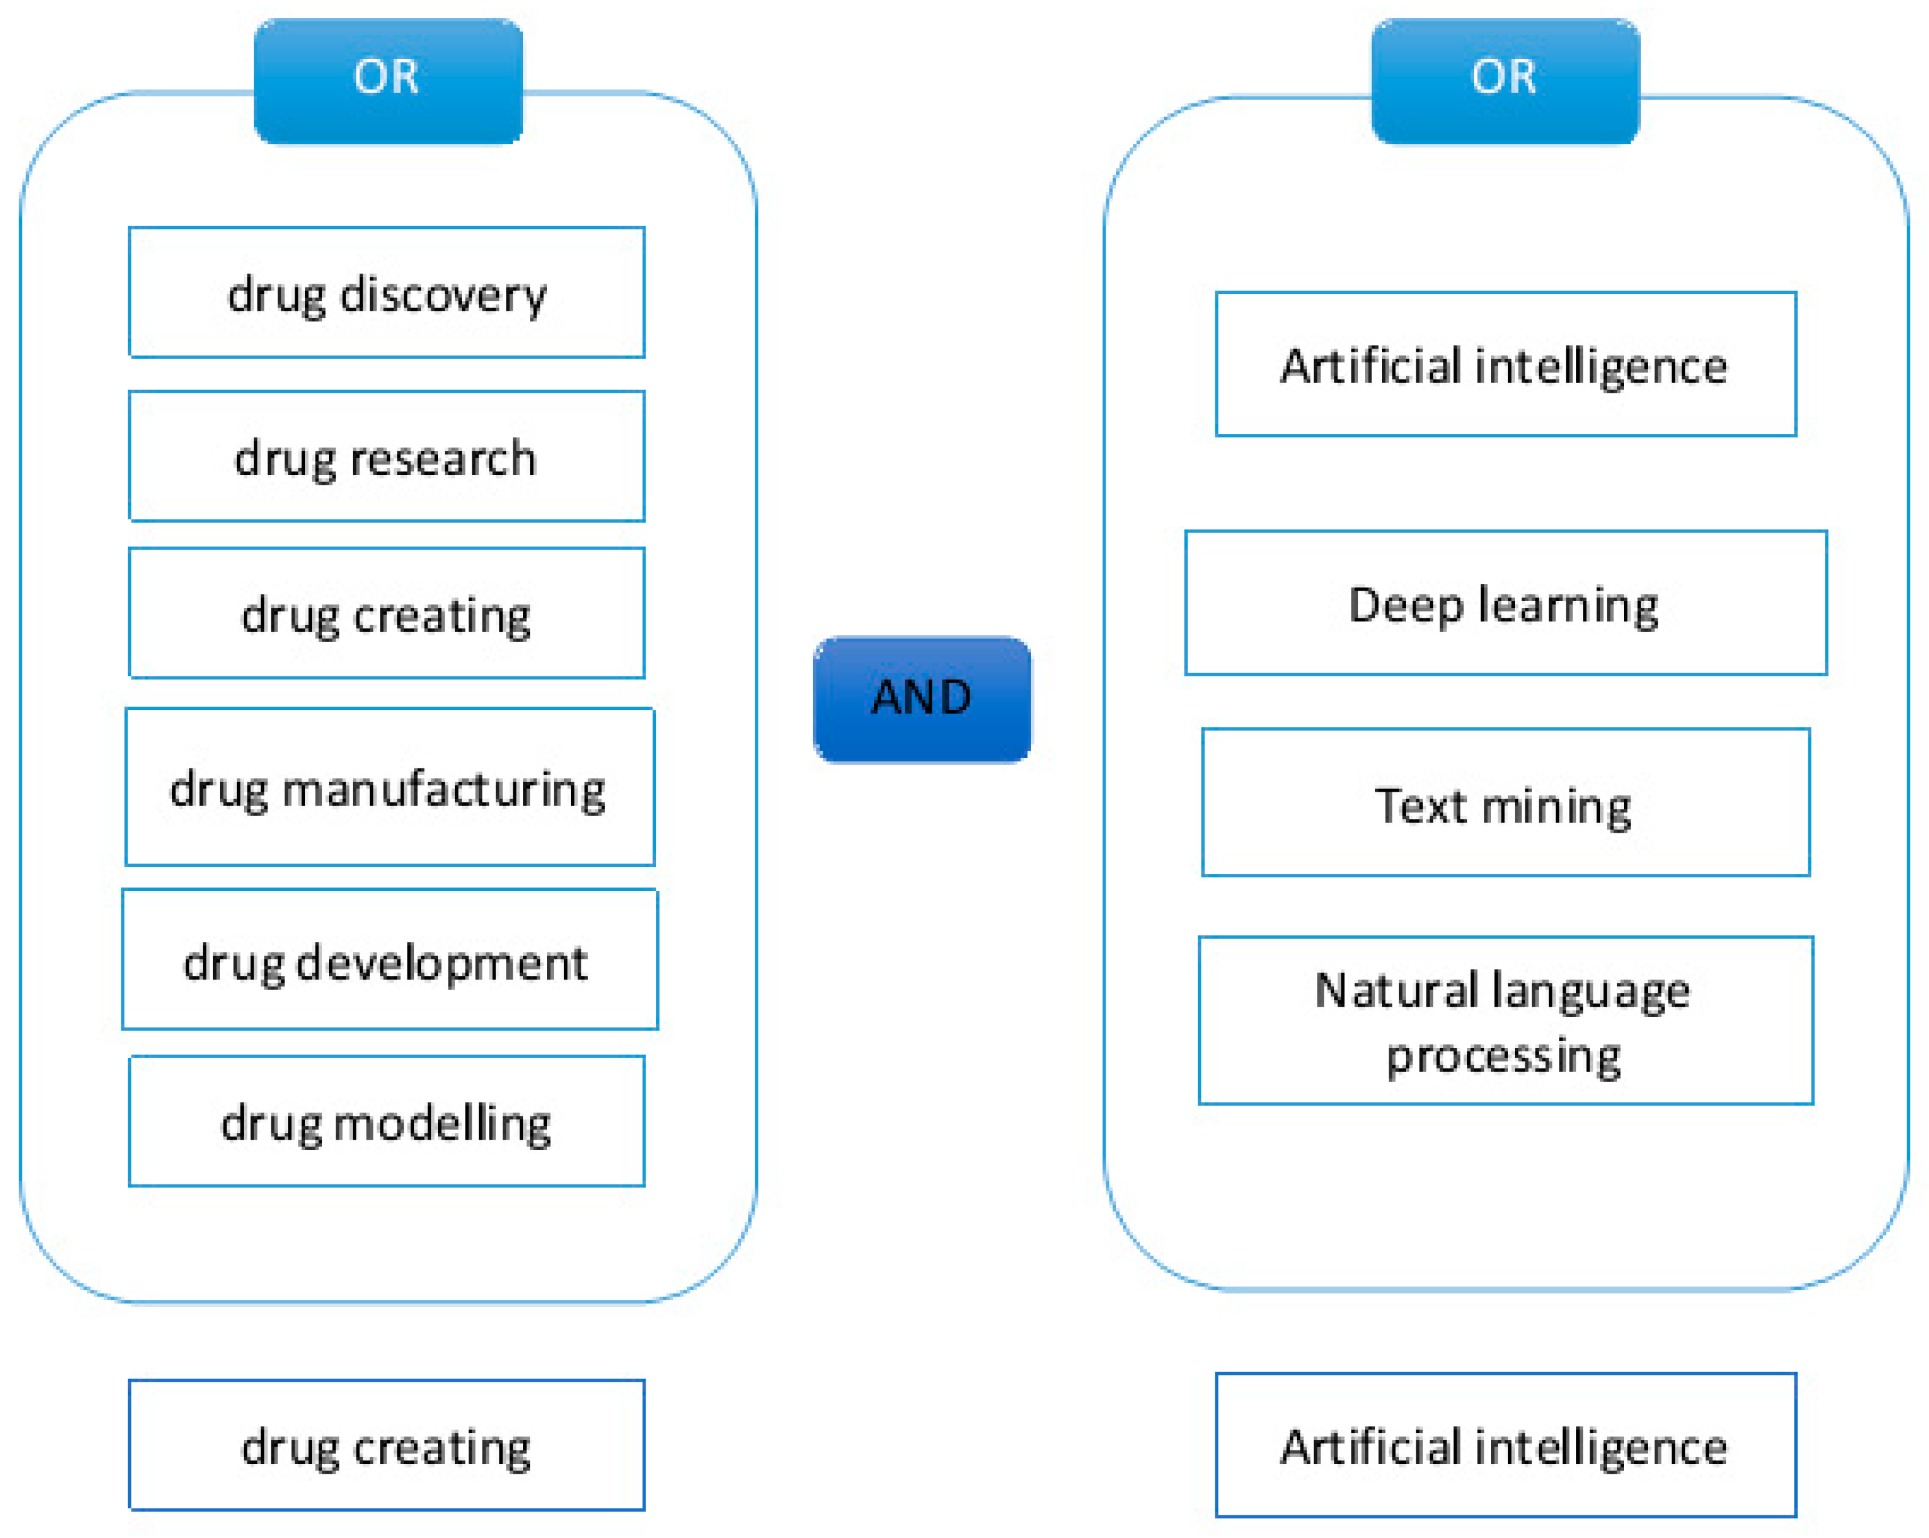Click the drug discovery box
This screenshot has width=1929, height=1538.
pyautogui.click(x=387, y=292)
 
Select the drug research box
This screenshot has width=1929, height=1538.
pyautogui.click(x=387, y=456)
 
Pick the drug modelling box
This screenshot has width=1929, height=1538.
pyautogui.click(x=387, y=1121)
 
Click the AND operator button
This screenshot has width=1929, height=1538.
pyautogui.click(x=921, y=699)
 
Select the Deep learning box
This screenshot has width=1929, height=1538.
pyautogui.click(x=1506, y=603)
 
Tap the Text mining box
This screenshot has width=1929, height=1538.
pyautogui.click(x=1506, y=803)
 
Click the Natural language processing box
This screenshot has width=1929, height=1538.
pyautogui.click(x=1506, y=1021)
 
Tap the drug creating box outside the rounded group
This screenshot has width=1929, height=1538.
pyautogui.click(x=387, y=1445)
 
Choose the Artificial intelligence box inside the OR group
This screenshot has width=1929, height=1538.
pyautogui.click(x=1506, y=364)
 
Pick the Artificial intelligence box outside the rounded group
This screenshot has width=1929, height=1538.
pyautogui.click(x=1506, y=1445)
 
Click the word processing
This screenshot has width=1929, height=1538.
pyautogui.click(x=1503, y=1056)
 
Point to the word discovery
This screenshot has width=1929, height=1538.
pyautogui.click(x=443, y=295)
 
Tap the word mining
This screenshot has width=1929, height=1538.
pyautogui.click(x=1556, y=806)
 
